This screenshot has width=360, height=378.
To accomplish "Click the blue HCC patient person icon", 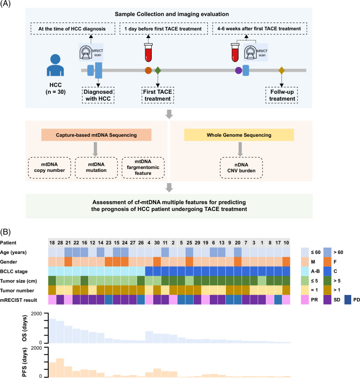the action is pyautogui.click(x=56, y=65).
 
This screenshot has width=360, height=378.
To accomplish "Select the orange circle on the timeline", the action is pyautogui.click(x=148, y=70).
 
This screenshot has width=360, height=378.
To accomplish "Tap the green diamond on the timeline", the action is pyautogui.click(x=158, y=70).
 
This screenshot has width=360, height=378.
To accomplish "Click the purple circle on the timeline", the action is pyautogui.click(x=239, y=71).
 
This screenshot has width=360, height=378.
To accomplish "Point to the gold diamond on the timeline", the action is pyautogui.click(x=281, y=71).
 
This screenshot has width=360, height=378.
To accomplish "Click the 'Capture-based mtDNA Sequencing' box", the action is pyautogui.click(x=96, y=135).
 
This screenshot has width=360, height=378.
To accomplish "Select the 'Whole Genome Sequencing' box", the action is pyautogui.click(x=239, y=135).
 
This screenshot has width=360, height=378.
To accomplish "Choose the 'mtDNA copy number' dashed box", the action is pyautogui.click(x=49, y=168).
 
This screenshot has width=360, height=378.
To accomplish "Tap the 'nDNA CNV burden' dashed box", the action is pyautogui.click(x=241, y=168).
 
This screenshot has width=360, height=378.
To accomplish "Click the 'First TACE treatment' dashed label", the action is pyautogui.click(x=158, y=95).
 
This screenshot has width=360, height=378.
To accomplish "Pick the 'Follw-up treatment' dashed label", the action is pyautogui.click(x=282, y=95).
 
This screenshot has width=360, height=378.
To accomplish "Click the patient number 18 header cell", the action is pyautogui.click(x=52, y=243).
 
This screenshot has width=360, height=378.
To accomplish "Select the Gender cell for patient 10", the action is pyautogui.click(x=286, y=262).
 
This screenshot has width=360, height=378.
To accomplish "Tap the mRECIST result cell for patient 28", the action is pyautogui.click(x=60, y=300).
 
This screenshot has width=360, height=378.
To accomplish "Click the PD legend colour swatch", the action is pyautogui.click(x=348, y=300).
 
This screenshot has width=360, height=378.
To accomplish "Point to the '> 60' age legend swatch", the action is pyautogui.click(x=327, y=252).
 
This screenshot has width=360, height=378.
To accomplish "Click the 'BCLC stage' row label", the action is pyautogui.click(x=14, y=272).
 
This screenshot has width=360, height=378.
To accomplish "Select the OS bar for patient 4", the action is pyautogui.click(x=149, y=337).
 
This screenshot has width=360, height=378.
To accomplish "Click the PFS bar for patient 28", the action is pyautogui.click(x=60, y=368).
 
